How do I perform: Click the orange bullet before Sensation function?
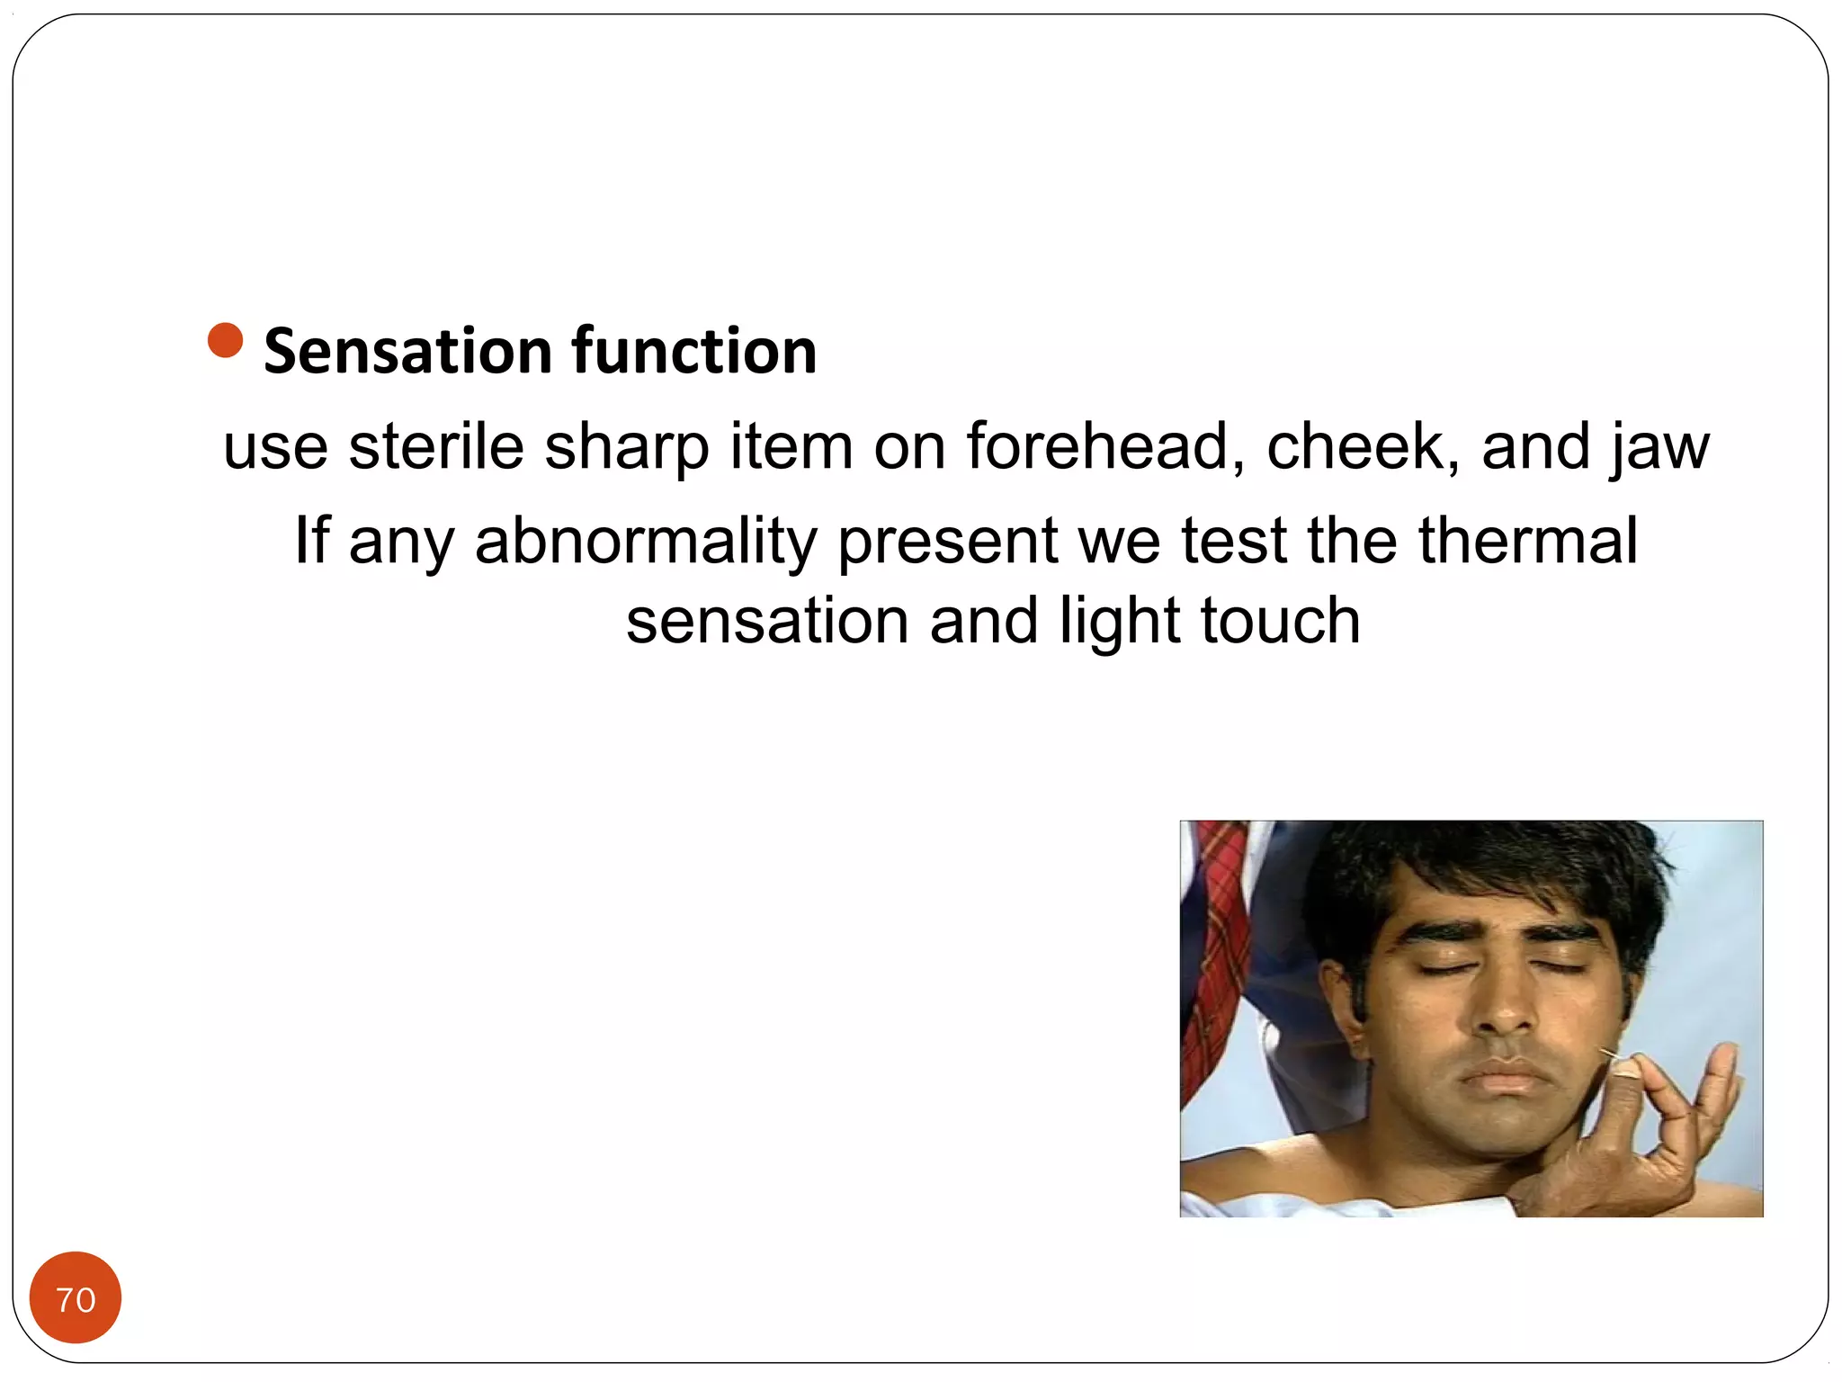(x=225, y=340)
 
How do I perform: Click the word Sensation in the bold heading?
(x=407, y=351)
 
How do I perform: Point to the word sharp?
(x=626, y=448)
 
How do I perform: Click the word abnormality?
(x=646, y=542)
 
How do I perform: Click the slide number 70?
(x=76, y=1299)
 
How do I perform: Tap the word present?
(x=947, y=542)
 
